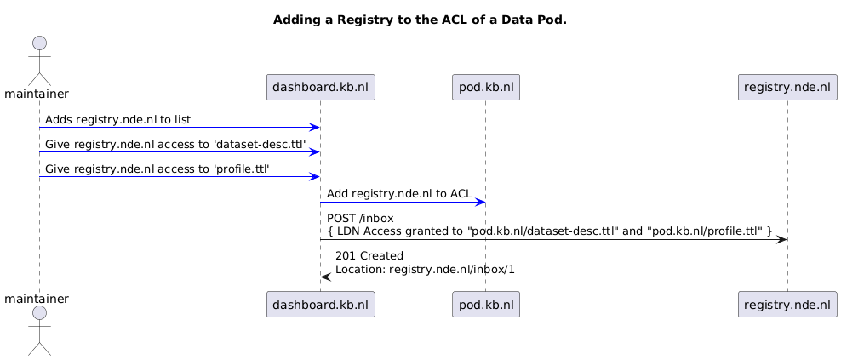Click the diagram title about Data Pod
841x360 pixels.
(420, 20)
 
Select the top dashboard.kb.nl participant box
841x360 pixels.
(321, 87)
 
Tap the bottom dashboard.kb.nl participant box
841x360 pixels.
(321, 305)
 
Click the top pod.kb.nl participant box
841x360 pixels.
(486, 87)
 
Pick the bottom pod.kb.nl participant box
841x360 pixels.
(486, 305)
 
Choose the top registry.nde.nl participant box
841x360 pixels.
(787, 87)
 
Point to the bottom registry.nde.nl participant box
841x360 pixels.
(787, 305)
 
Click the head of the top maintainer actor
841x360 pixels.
(39, 43)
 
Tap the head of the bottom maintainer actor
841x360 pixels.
(39, 314)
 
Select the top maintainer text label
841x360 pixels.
(37, 94)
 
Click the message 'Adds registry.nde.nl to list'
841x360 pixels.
(117, 120)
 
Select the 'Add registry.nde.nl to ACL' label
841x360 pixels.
(399, 194)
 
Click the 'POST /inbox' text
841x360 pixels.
(360, 219)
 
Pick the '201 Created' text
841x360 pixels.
(369, 255)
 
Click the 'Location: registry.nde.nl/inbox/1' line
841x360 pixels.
(425, 269)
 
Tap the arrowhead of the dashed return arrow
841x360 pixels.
(325, 277)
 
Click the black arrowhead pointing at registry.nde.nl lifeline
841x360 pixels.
(781, 239)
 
